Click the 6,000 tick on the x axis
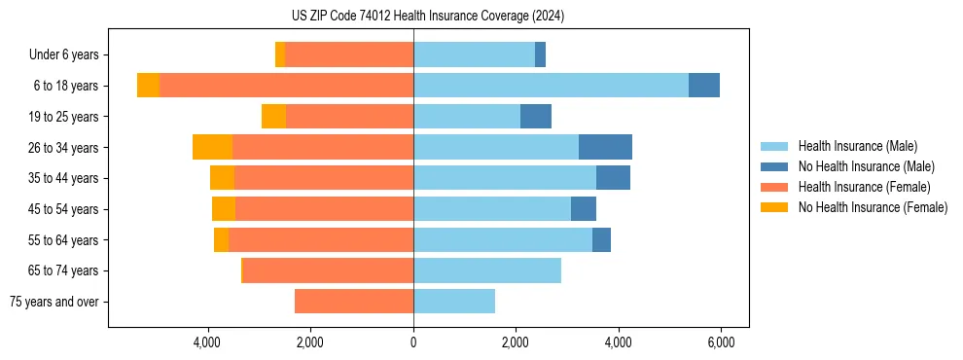[x=720, y=342]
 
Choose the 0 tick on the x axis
[x=413, y=342]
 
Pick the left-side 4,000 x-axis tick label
[x=208, y=342]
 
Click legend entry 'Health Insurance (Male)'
[x=857, y=146]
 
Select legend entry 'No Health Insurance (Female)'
[x=873, y=207]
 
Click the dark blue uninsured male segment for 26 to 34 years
[x=605, y=147]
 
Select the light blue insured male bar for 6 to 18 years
[x=551, y=86]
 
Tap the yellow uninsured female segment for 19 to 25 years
[x=273, y=117]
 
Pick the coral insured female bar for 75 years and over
[x=354, y=302]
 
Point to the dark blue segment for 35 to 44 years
[x=613, y=178]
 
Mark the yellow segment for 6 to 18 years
[x=148, y=86]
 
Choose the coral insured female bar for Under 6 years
[x=349, y=54]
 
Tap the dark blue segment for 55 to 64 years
[x=601, y=239]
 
